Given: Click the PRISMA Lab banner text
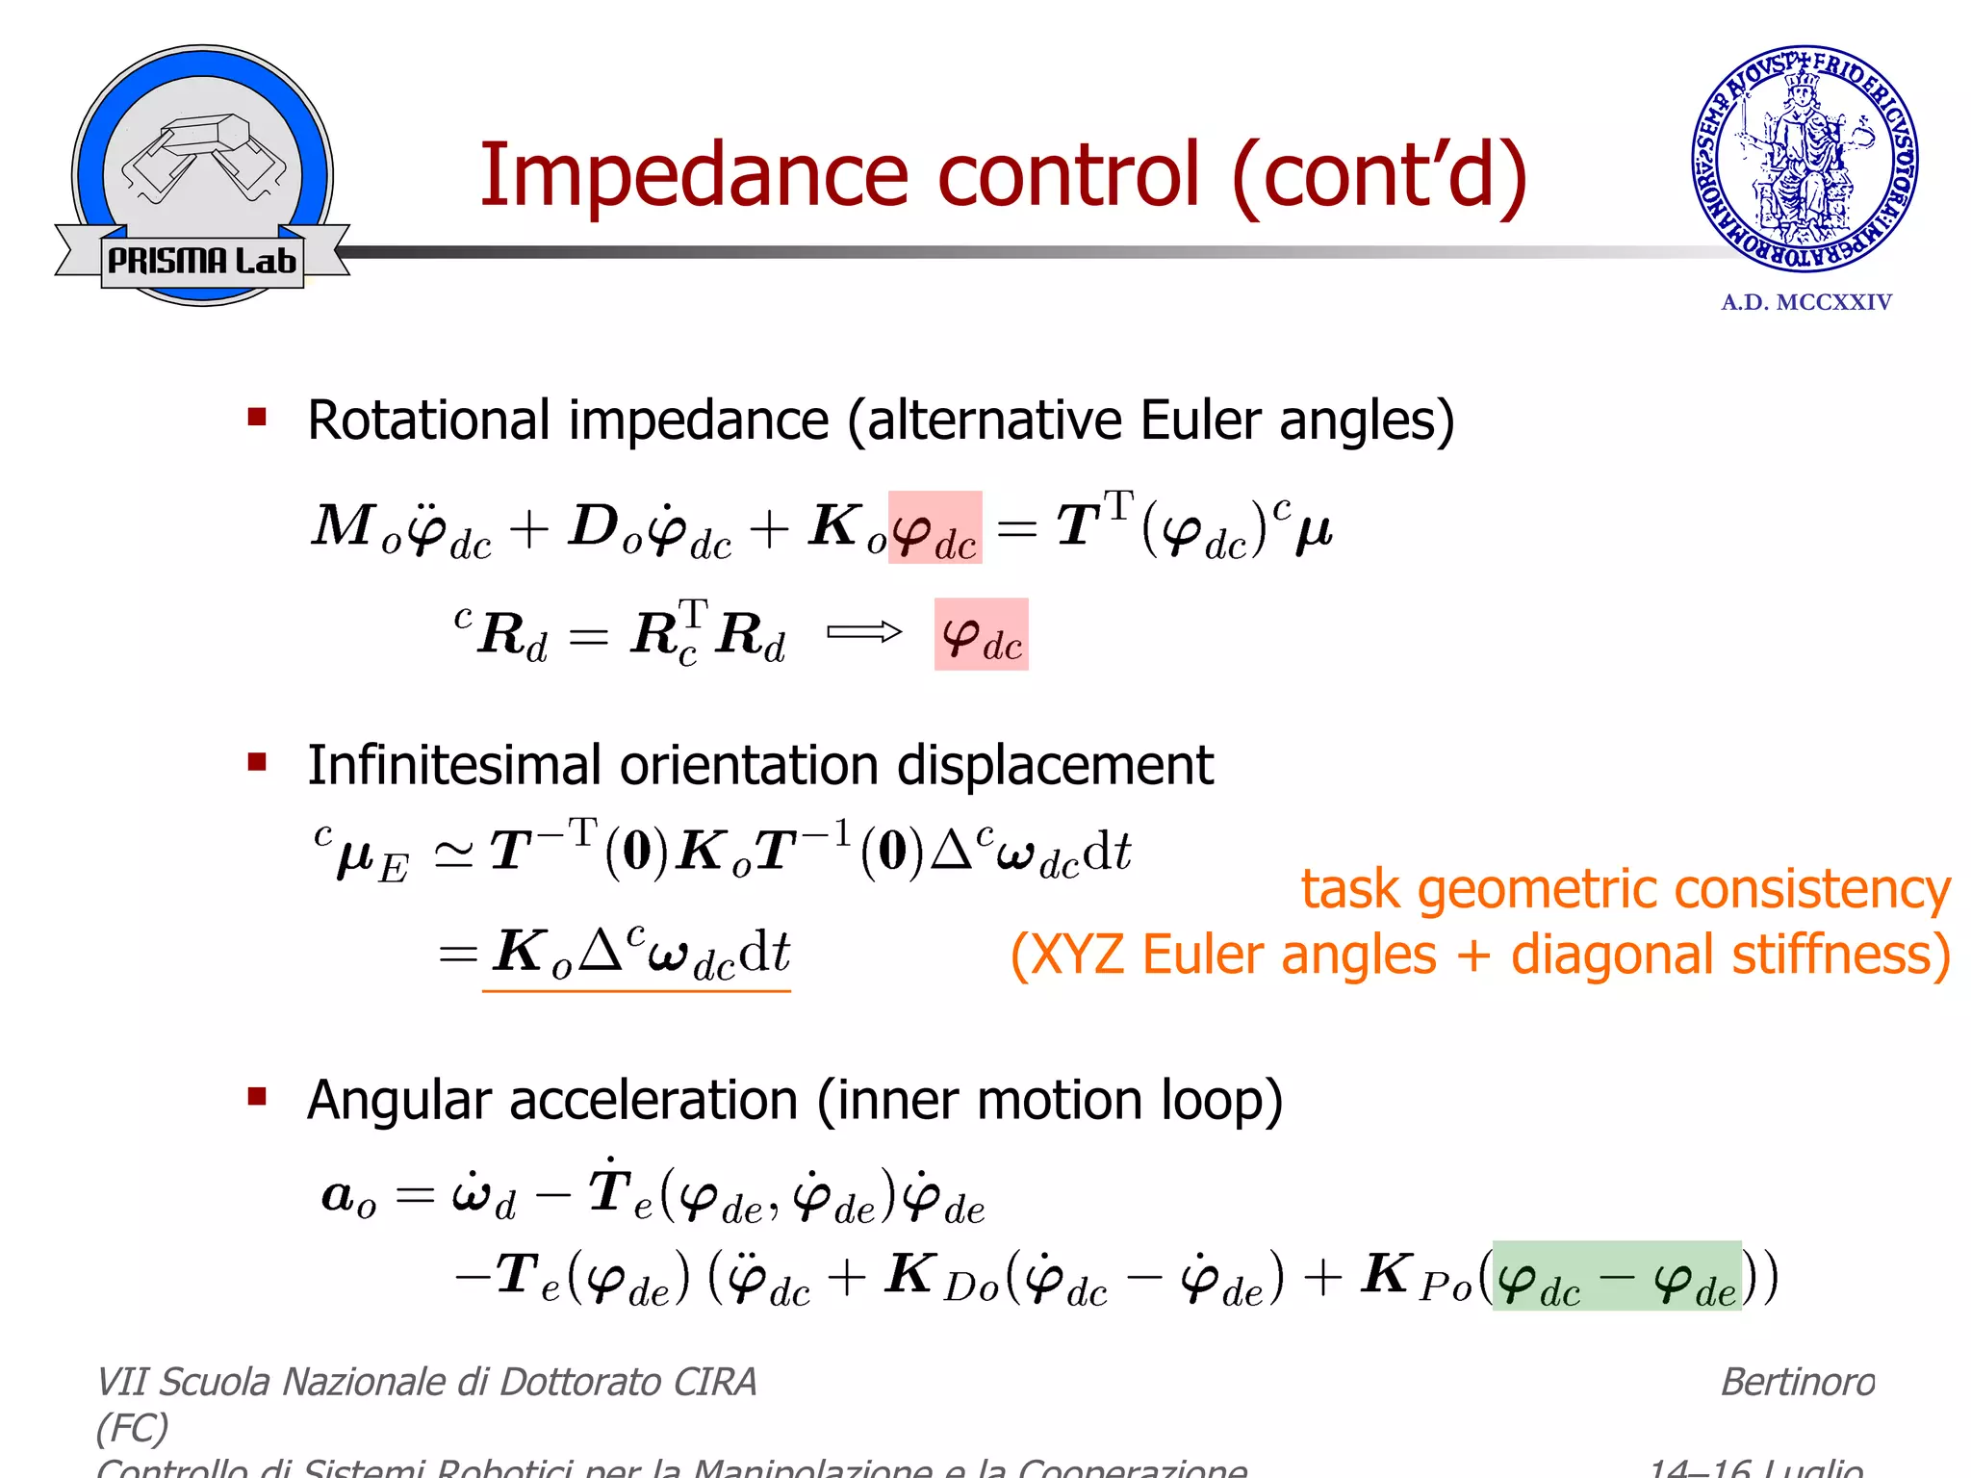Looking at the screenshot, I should pyautogui.click(x=202, y=261).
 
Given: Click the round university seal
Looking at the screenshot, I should pyautogui.click(x=1805, y=159).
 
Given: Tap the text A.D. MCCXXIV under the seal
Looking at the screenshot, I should pyautogui.click(x=1806, y=302).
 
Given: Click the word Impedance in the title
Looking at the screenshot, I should pyautogui.click(x=693, y=175).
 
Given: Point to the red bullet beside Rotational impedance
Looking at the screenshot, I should pyautogui.click(x=257, y=418).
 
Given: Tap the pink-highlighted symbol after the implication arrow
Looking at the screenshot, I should pyautogui.click(x=981, y=635).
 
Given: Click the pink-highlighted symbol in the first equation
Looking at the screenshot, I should pyautogui.click(x=934, y=528).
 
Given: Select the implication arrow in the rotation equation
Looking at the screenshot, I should pyautogui.click(x=863, y=632).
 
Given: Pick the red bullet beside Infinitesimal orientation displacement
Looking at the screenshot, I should pyautogui.click(x=257, y=763).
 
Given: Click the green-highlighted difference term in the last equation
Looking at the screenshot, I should pyautogui.click(x=1616, y=1277).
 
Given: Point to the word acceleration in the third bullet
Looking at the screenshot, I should pyautogui.click(x=653, y=1100).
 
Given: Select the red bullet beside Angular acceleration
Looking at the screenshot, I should pyautogui.click(x=257, y=1097).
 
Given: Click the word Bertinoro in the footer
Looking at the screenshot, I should pyautogui.click(x=1797, y=1383).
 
